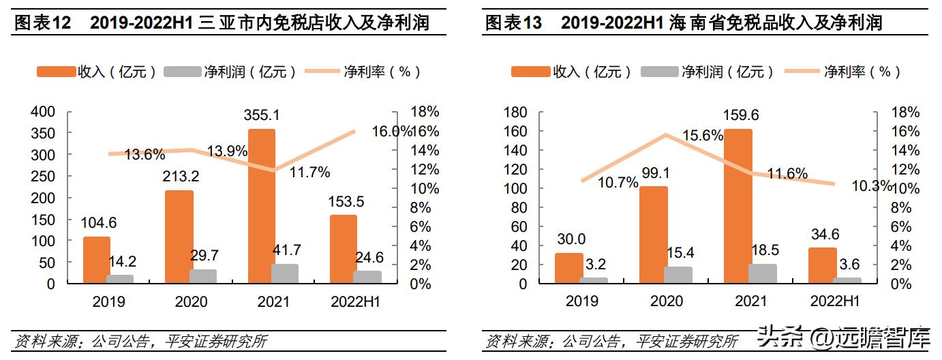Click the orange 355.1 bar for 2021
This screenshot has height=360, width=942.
click(x=262, y=205)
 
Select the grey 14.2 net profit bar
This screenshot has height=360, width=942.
click(x=120, y=279)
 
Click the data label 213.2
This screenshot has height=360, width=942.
click(x=181, y=177)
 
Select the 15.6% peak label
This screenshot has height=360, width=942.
click(x=702, y=136)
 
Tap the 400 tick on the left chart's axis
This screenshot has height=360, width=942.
click(x=42, y=112)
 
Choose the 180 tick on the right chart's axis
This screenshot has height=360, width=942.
click(x=515, y=112)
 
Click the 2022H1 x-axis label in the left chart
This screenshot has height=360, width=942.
click(x=354, y=301)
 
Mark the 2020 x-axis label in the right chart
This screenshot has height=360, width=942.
click(x=667, y=301)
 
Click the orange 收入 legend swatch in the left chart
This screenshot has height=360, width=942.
click(x=57, y=72)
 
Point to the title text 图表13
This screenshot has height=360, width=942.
click(x=513, y=23)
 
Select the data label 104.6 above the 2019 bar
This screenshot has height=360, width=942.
click(x=100, y=222)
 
